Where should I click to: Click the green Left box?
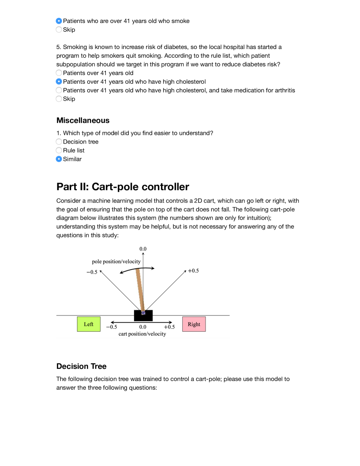(x=88, y=324)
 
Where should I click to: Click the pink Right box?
(x=194, y=324)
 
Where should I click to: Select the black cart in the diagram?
(x=143, y=316)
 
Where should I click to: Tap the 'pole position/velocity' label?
(x=116, y=261)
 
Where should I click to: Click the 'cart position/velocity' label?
(x=142, y=334)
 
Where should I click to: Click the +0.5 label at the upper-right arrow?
(x=193, y=271)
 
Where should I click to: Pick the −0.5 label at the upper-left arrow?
(x=92, y=272)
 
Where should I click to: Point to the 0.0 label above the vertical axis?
(x=143, y=249)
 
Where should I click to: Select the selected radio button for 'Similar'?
(x=59, y=159)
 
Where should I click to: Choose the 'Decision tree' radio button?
(x=59, y=142)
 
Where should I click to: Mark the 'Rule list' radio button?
(x=59, y=150)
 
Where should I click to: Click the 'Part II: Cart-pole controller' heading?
(x=123, y=187)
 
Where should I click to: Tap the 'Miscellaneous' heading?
(x=83, y=120)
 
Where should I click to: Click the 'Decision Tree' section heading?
(x=82, y=366)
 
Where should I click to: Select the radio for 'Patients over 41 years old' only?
(x=59, y=73)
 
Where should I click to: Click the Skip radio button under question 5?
(x=59, y=99)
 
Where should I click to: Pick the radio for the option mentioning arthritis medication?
(x=59, y=90)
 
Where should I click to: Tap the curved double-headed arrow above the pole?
(x=137, y=270)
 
